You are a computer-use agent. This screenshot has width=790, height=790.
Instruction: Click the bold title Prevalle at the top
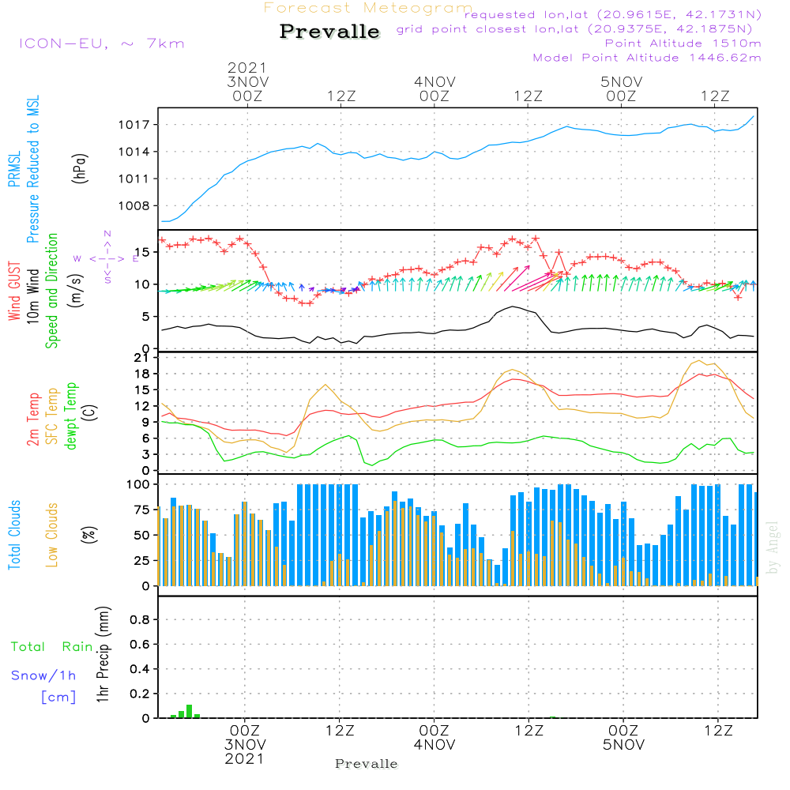point(330,32)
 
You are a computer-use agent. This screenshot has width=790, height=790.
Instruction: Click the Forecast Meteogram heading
point(368,8)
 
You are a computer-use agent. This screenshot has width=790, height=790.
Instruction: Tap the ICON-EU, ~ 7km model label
point(101,43)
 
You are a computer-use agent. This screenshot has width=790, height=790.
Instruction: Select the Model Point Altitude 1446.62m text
point(647,58)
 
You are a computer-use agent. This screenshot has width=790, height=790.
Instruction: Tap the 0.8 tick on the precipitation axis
point(141,620)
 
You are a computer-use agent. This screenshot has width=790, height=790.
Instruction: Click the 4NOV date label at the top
point(434,81)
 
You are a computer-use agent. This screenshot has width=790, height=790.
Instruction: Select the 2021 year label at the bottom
point(244,758)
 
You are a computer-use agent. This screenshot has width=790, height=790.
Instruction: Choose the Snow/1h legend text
point(44,675)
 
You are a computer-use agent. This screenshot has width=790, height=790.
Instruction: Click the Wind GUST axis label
point(15,292)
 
